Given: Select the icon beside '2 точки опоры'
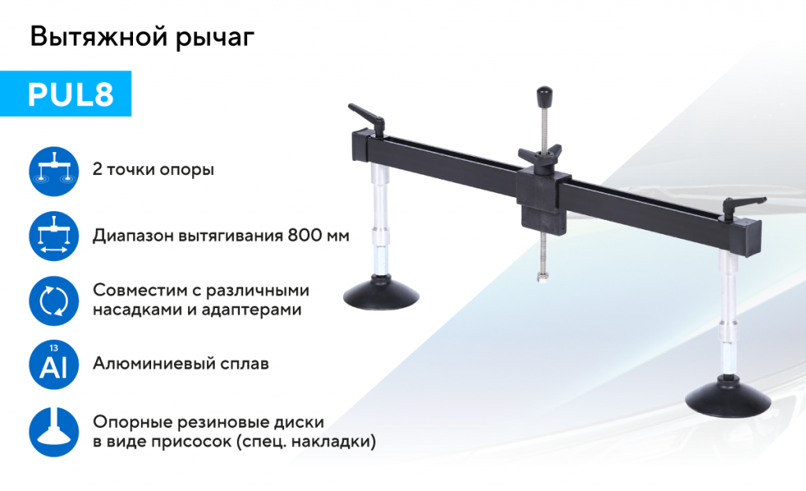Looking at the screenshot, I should tap(54, 170).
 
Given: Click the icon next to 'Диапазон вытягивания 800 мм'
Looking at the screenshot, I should tap(54, 236).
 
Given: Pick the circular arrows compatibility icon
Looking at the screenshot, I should tap(54, 300).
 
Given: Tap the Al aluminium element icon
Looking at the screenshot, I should tap(54, 365).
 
